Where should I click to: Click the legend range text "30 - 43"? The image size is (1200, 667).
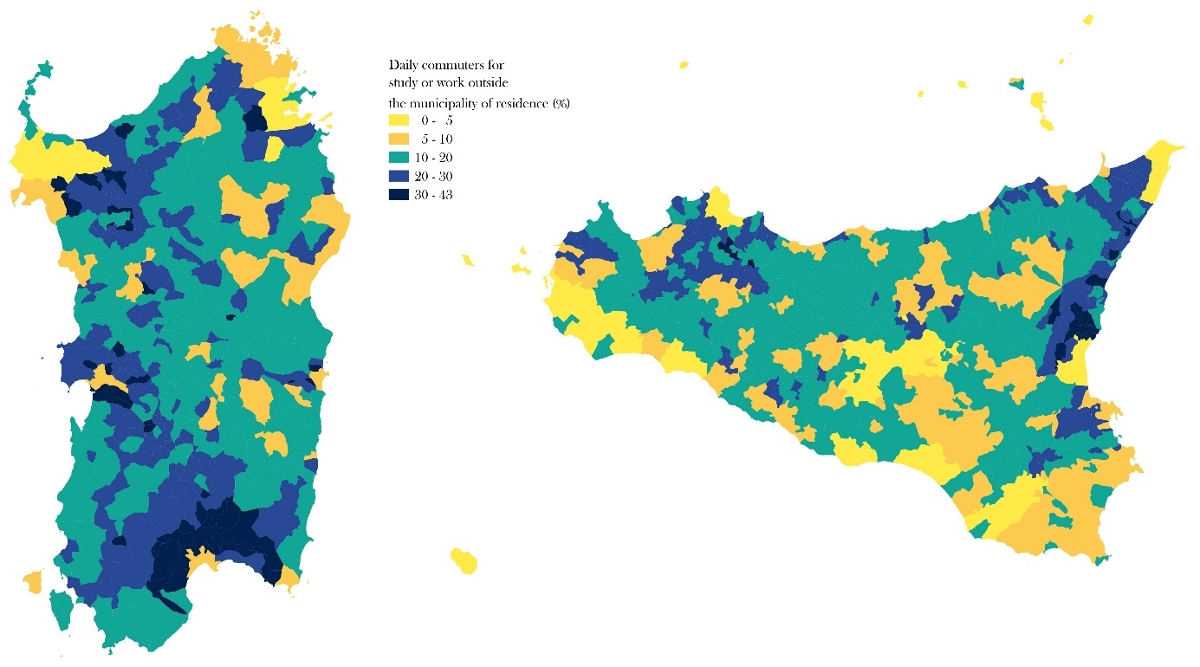[435, 195]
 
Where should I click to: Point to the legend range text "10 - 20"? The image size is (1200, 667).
[435, 158]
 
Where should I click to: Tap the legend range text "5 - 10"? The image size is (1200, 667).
[436, 139]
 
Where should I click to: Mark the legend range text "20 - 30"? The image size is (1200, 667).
[435, 176]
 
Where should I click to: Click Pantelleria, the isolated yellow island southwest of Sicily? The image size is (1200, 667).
[464, 560]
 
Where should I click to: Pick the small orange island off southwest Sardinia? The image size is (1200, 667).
[31, 581]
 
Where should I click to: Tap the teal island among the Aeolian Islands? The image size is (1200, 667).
[1017, 84]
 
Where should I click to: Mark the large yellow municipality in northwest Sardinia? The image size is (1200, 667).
[52, 159]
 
